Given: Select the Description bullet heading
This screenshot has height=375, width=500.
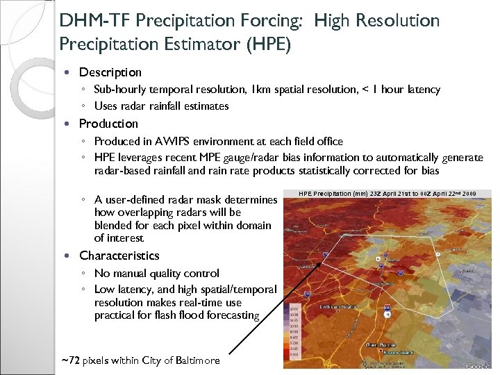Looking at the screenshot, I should (110, 72).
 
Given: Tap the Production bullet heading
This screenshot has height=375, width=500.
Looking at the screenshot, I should (108, 124).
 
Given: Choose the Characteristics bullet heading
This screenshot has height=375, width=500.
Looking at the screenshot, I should (119, 256).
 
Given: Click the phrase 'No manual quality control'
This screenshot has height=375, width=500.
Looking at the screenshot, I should (156, 274).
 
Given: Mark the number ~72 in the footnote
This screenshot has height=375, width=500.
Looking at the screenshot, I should (70, 360).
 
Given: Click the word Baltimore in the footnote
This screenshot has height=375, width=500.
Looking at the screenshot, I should (197, 360).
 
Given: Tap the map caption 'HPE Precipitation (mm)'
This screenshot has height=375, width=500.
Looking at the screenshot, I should (332, 194).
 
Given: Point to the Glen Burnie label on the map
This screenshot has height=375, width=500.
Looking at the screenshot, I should (381, 345).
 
